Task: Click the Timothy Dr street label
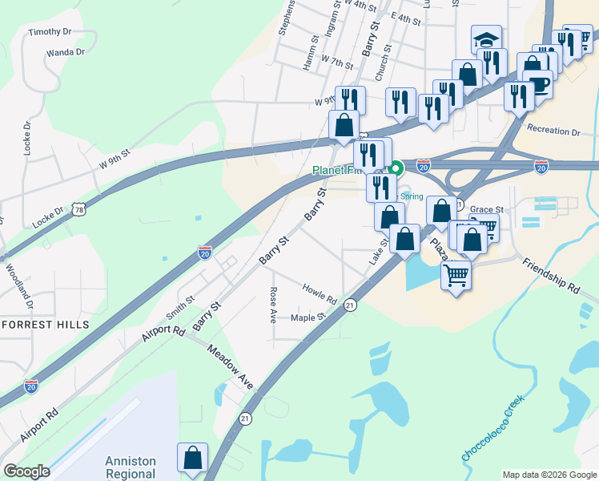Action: [x=50, y=32]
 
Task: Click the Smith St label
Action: [x=180, y=303]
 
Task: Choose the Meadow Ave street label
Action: [x=230, y=367]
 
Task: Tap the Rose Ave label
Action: [x=274, y=305]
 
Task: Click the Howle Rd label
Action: [x=320, y=293]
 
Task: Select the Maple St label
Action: [x=309, y=317]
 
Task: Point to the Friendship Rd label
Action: [x=550, y=274]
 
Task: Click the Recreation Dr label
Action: [x=553, y=131]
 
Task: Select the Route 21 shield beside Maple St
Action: [x=350, y=305]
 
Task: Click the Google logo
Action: [x=26, y=471]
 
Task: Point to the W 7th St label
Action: [x=337, y=61]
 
